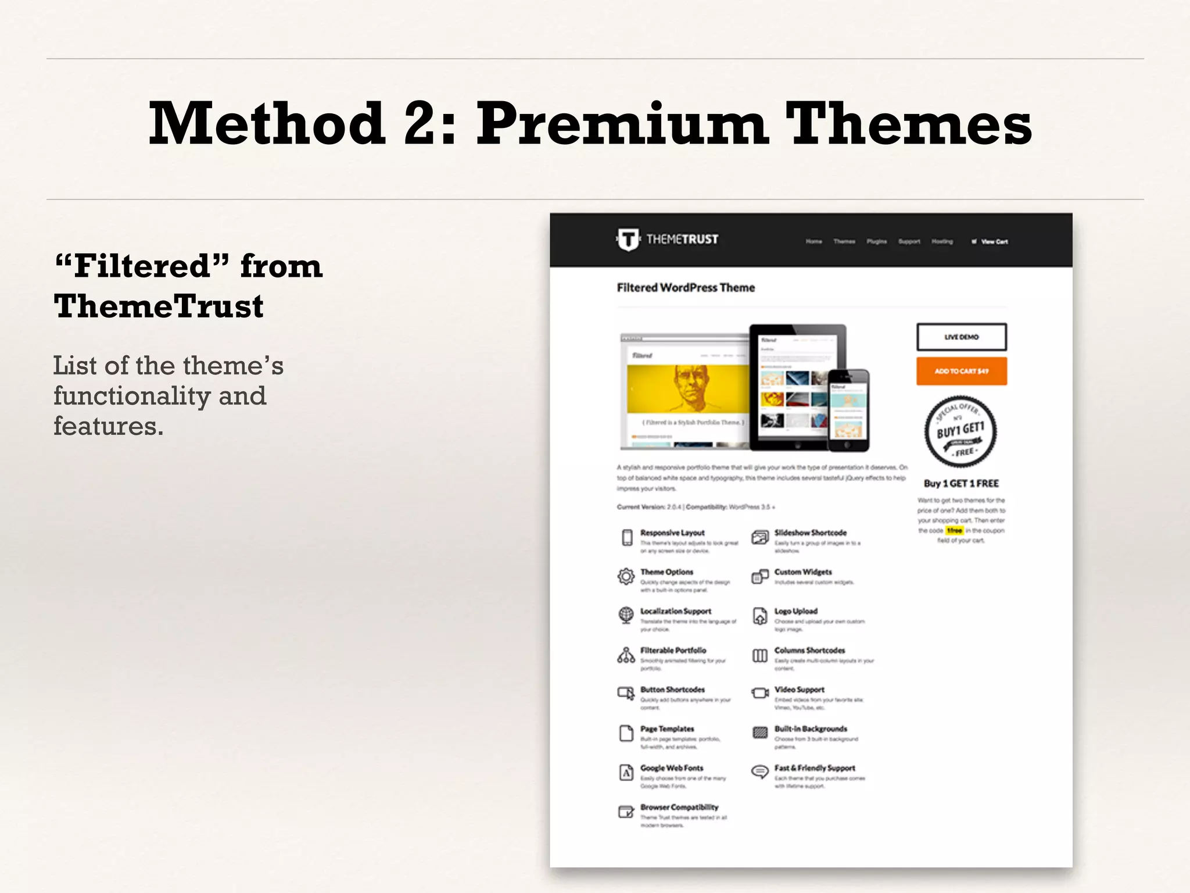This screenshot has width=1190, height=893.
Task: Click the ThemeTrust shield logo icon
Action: pos(628,240)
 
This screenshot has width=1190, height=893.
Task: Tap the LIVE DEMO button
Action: pos(961,337)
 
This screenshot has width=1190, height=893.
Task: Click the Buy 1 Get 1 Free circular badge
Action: pos(961,432)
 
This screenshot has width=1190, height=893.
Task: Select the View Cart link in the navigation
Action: pos(994,242)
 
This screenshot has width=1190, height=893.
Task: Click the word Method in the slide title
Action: pos(267,123)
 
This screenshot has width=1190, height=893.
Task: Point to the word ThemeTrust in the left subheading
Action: pos(159,306)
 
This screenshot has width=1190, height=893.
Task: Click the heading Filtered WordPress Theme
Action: pos(686,288)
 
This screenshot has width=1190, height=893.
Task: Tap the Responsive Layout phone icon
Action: pos(627,538)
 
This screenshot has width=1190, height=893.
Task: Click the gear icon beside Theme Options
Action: pos(626,576)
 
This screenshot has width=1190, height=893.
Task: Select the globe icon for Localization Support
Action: pos(626,615)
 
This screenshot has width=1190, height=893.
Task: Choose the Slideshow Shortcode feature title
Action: pos(810,533)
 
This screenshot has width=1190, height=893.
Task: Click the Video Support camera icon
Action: pos(760,693)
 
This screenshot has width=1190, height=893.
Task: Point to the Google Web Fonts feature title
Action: pos(672,768)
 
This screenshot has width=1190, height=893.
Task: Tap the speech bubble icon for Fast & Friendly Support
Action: pos(760,771)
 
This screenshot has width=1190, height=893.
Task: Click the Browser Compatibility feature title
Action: pos(679,807)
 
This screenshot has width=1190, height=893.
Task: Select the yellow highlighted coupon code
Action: pos(954,530)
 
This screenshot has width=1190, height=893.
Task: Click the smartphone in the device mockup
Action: pos(848,410)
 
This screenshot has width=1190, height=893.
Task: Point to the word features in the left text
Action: pos(108,426)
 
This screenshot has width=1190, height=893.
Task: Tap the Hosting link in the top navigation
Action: pos(942,242)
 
